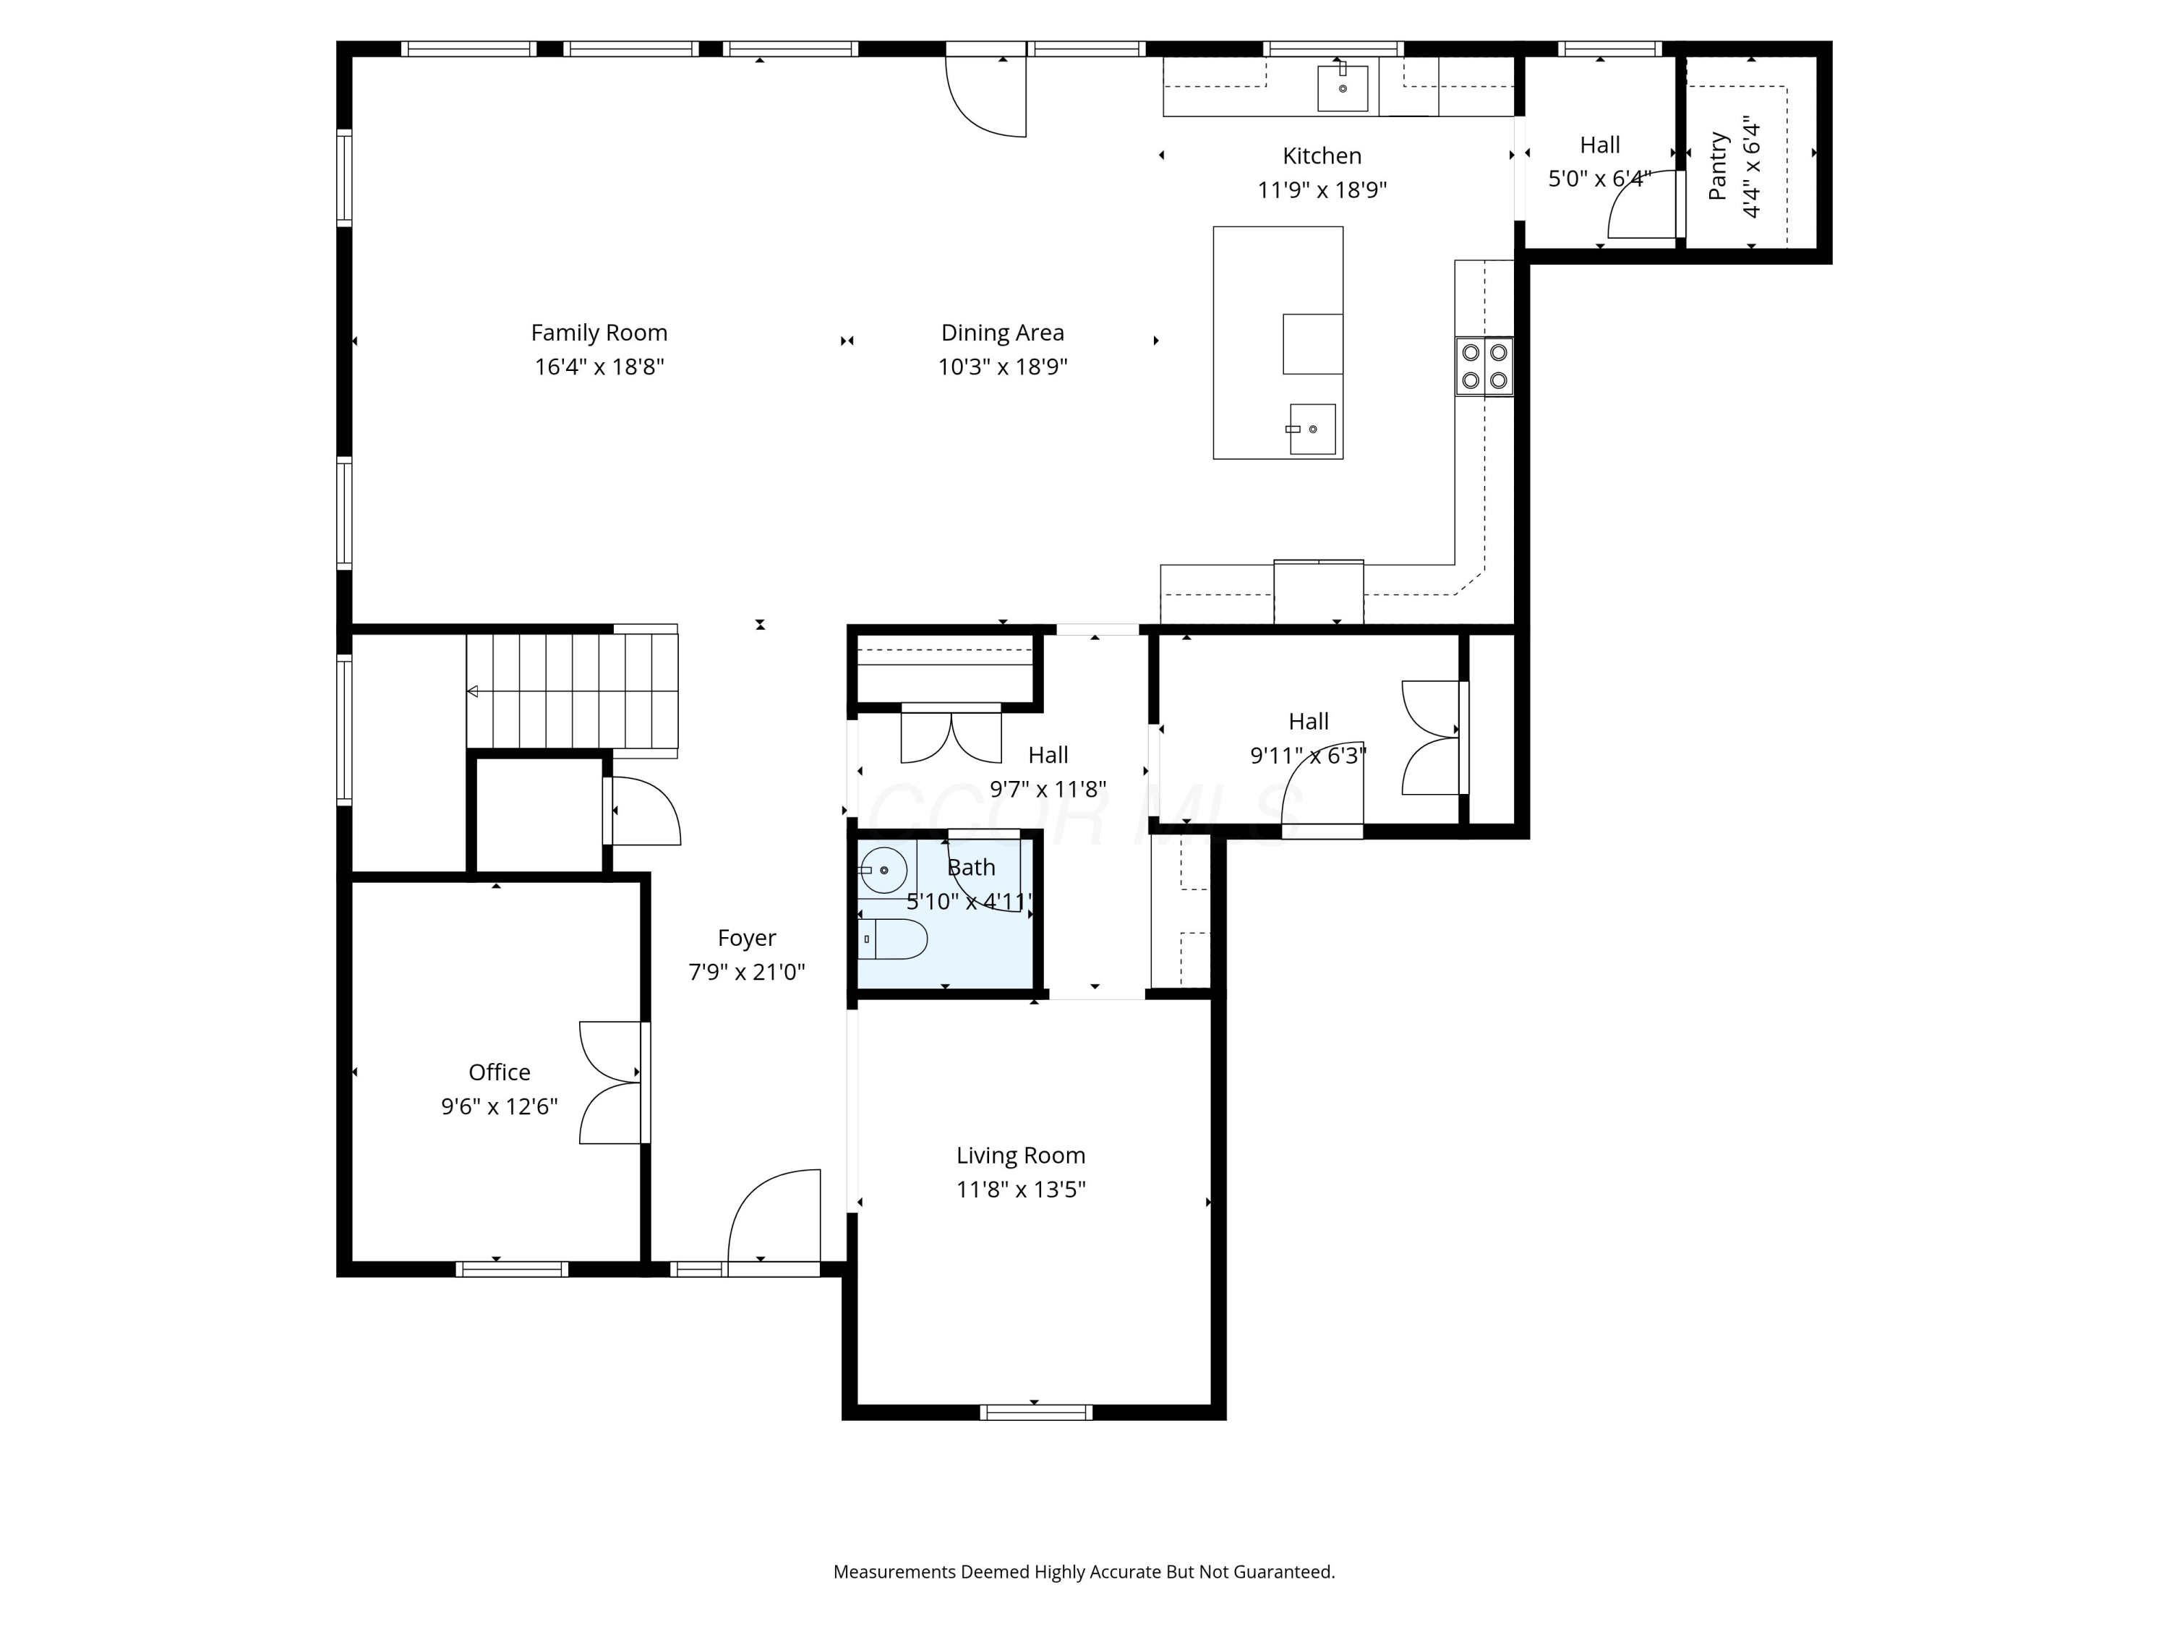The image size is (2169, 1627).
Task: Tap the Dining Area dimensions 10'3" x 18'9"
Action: coord(1002,367)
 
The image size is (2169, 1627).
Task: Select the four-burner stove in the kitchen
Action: coord(1484,367)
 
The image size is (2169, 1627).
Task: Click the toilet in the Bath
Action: coord(894,939)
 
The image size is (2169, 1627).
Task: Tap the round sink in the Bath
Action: coord(884,870)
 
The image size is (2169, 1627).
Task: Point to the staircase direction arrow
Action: coord(473,691)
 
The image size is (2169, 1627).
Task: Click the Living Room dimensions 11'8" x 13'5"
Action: coord(1021,1190)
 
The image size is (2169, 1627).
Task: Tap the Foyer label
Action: coord(746,939)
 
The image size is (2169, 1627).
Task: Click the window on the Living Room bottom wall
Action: coord(1035,1412)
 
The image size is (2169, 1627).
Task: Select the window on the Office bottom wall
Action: coord(512,1269)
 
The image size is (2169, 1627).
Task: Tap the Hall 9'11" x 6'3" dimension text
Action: coord(1308,756)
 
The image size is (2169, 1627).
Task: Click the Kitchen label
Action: coord(1322,156)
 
